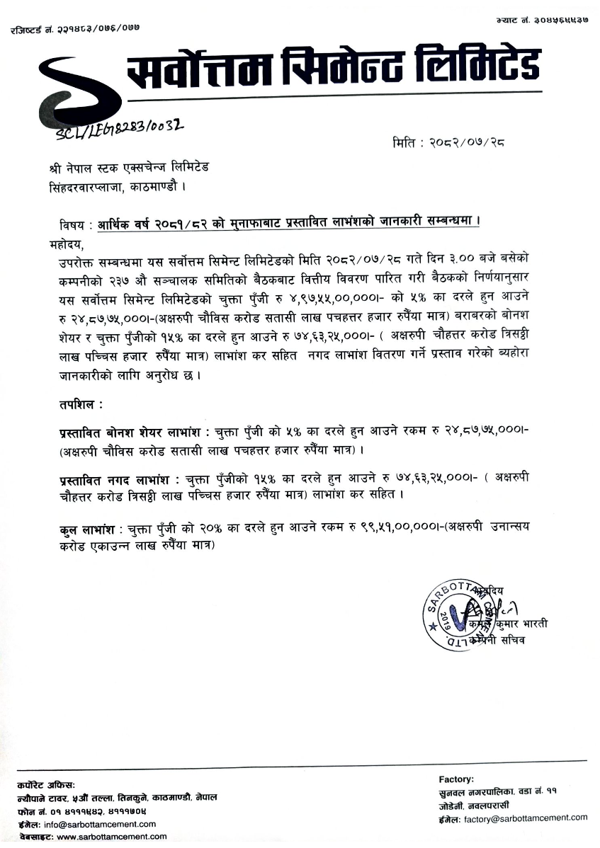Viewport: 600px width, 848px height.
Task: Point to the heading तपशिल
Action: tap(81, 405)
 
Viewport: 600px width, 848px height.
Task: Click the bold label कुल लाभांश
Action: tap(88, 529)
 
